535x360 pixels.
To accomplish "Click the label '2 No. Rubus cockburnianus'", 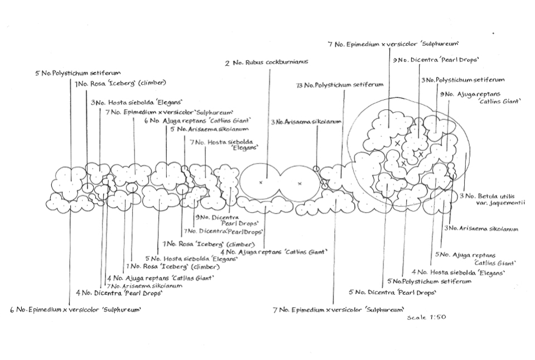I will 267,63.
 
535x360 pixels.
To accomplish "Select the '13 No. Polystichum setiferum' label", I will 340,85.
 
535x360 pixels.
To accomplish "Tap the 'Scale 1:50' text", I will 426,317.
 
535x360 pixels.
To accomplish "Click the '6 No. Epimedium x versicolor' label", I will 75,310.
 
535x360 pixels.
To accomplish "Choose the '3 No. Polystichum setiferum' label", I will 462,80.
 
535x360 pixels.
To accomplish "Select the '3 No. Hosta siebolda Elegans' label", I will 136,103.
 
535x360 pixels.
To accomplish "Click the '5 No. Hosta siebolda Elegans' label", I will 190,259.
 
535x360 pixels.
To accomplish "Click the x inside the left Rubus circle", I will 261,183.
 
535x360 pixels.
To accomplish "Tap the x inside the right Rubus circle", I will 300,183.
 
